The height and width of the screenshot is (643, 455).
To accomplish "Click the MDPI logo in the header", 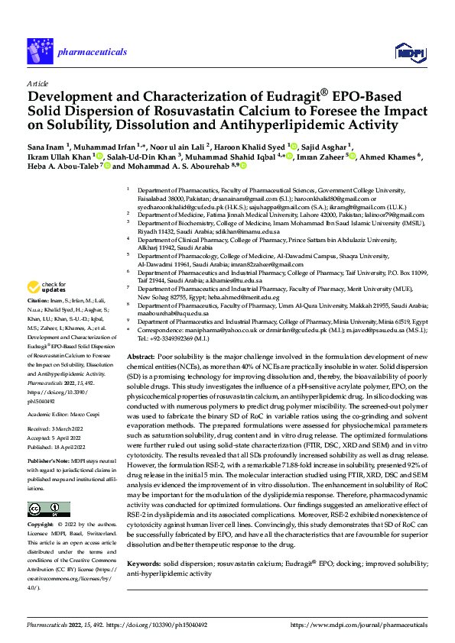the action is (406, 51).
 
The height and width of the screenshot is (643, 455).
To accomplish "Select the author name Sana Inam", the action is (46, 146).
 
